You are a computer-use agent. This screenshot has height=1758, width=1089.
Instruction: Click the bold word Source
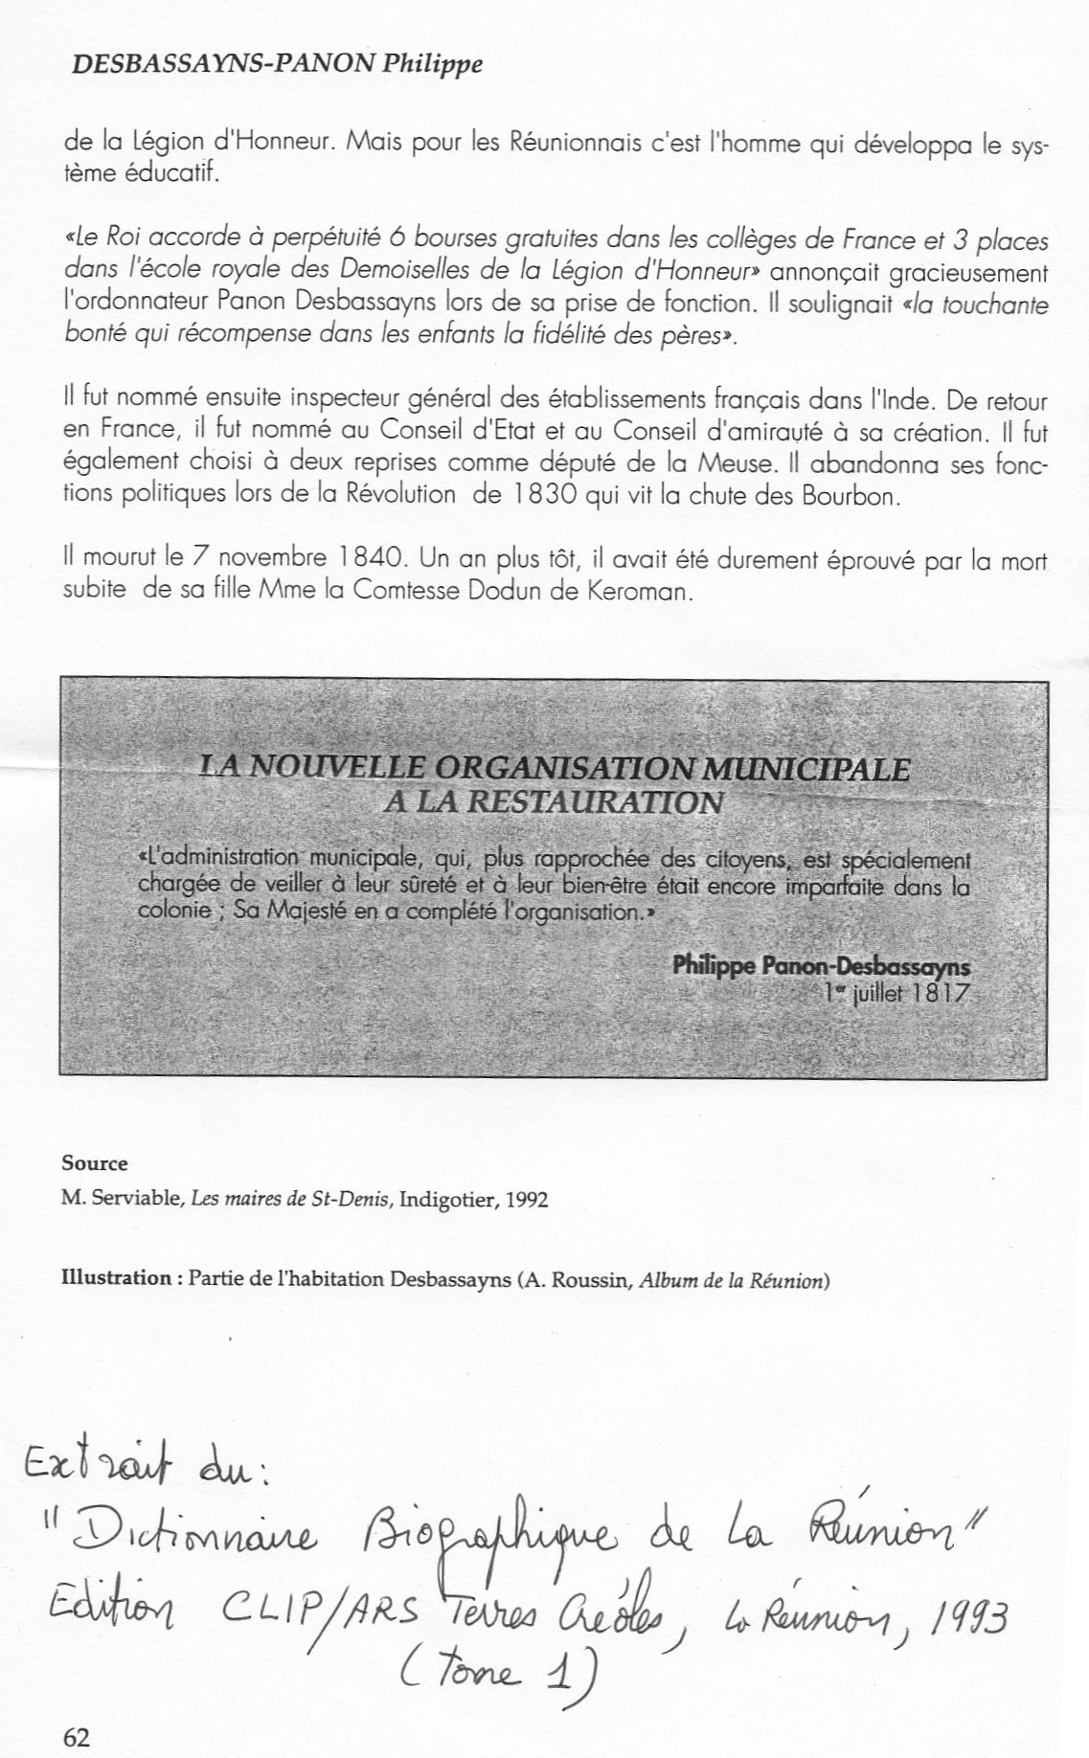point(95,1163)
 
